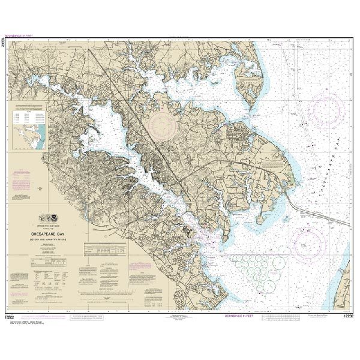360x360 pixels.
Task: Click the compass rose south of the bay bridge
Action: point(308,244)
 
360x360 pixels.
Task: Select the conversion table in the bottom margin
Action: point(285,317)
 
